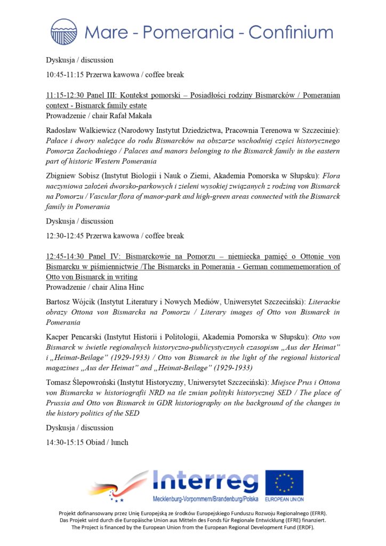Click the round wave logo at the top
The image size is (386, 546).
[64, 31]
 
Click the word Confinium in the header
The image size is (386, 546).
[290, 33]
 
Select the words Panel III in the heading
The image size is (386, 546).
[99, 95]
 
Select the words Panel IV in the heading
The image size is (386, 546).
[99, 256]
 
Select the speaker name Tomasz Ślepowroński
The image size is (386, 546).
[80, 382]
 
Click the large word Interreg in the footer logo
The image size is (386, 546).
[205, 482]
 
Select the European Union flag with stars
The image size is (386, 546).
[284, 483]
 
